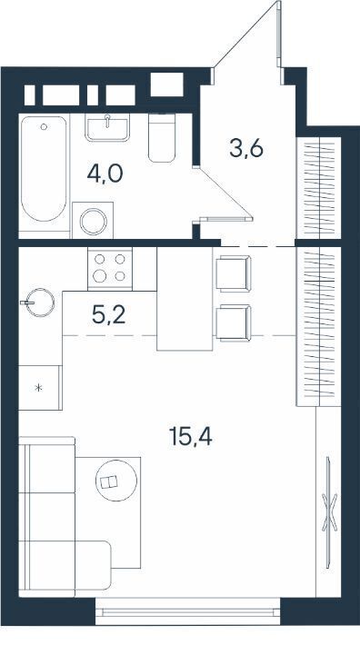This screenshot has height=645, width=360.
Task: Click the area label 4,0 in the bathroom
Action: pyautogui.click(x=105, y=174)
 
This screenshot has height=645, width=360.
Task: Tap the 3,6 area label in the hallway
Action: pyautogui.click(x=246, y=148)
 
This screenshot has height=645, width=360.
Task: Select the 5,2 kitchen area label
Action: pyautogui.click(x=109, y=315)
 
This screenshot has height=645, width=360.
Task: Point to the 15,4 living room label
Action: pyautogui.click(x=191, y=436)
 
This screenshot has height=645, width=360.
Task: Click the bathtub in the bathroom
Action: pyautogui.click(x=44, y=169)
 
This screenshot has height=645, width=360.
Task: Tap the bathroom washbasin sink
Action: pyautogui.click(x=107, y=127)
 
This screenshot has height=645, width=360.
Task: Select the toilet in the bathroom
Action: pyautogui.click(x=162, y=138)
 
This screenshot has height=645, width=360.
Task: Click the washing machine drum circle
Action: pyautogui.click(x=94, y=222)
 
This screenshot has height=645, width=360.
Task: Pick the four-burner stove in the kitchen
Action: pyautogui.click(x=110, y=268)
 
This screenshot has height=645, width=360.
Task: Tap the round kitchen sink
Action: pyautogui.click(x=40, y=303)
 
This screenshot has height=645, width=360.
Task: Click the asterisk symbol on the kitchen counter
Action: pyautogui.click(x=39, y=388)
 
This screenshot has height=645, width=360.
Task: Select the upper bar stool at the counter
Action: pyautogui.click(x=233, y=273)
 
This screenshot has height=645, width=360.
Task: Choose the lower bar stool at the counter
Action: pyautogui.click(x=233, y=322)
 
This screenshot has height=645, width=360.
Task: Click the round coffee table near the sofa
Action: pyautogui.click(x=116, y=480)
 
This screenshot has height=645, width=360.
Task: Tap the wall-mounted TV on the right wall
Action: pyautogui.click(x=329, y=512)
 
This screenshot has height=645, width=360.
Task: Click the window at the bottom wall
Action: pyautogui.click(x=188, y=611)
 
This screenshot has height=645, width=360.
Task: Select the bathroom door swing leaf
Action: pyautogui.click(x=223, y=192)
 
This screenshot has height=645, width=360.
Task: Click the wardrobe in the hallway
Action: pyautogui.click(x=319, y=187)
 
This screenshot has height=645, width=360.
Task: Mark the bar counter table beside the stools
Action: pyautogui.click(x=185, y=299)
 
